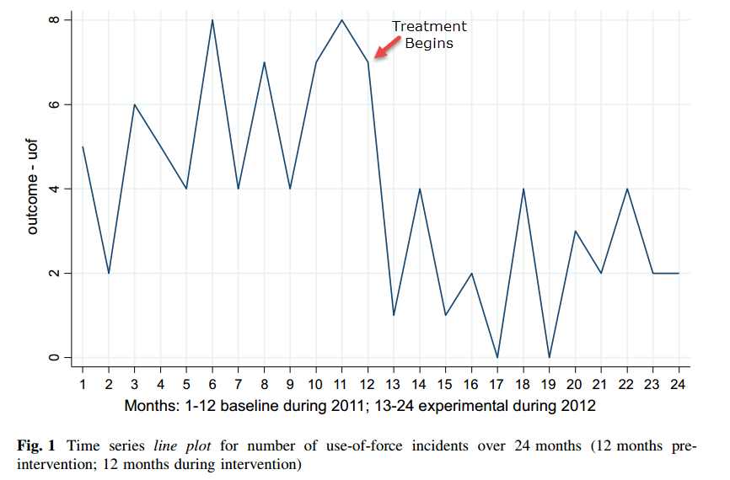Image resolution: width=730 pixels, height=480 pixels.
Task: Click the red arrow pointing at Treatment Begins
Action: [384, 50]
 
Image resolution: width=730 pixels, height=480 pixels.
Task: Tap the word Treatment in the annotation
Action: [429, 26]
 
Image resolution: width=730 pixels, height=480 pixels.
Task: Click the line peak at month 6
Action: [212, 20]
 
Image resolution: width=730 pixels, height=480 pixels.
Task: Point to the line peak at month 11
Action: [342, 20]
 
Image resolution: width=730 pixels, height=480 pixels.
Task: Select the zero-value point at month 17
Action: [497, 357]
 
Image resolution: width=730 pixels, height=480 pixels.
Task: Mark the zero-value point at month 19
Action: [550, 357]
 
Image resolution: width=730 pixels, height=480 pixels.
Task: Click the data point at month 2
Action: [109, 273]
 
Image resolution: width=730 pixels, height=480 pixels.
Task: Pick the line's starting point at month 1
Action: [83, 147]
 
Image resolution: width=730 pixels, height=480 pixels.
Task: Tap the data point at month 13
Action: [394, 315]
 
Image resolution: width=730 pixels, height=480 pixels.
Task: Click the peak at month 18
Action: [523, 189]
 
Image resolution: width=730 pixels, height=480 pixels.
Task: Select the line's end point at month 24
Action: [679, 273]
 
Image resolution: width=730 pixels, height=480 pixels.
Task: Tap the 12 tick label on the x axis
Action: [368, 383]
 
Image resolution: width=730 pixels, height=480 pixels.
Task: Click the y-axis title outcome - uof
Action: [33, 189]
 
